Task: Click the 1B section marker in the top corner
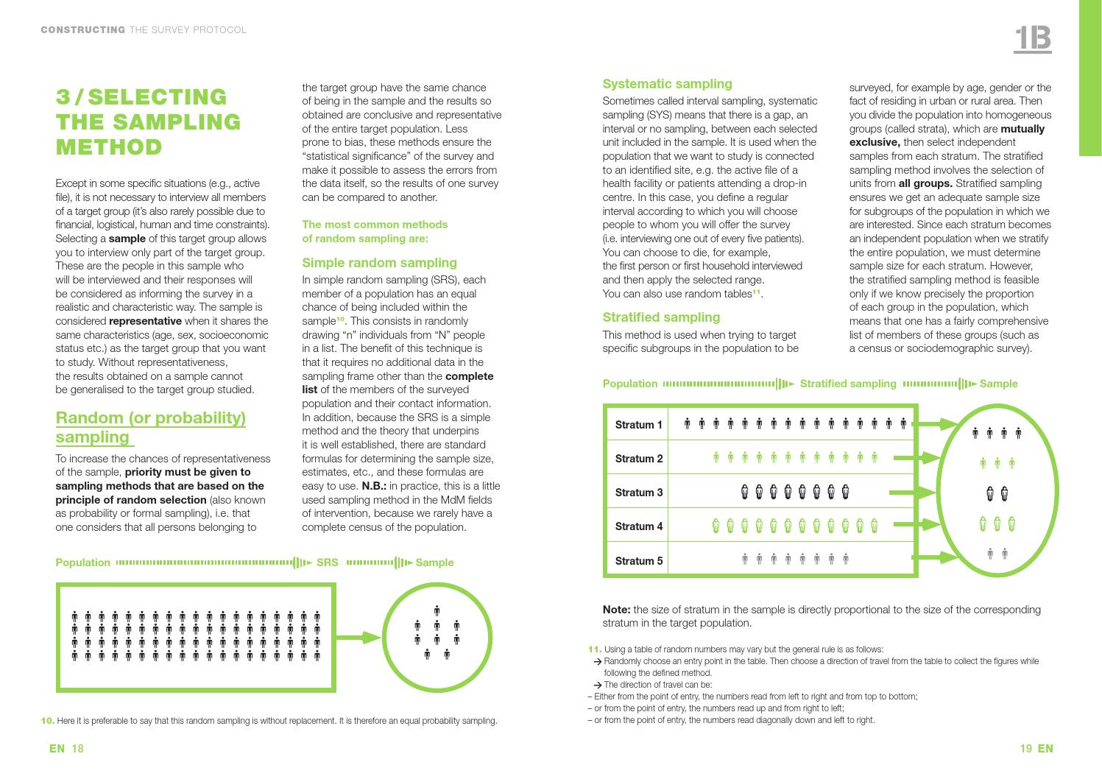pyautogui.click(x=1032, y=39)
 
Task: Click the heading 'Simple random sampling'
pyautogui.click(x=379, y=263)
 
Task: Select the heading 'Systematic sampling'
pyautogui.click(x=667, y=84)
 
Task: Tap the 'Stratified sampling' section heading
pyautogui.click(x=661, y=317)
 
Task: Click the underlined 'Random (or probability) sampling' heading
pyautogui.click(x=150, y=427)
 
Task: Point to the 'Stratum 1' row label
pyautogui.click(x=638, y=425)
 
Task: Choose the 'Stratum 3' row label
pyautogui.click(x=638, y=493)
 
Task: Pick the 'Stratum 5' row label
pyautogui.click(x=638, y=561)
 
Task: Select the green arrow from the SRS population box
pyautogui.click(x=361, y=638)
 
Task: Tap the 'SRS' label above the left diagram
pyautogui.click(x=327, y=563)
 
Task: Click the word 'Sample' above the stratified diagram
pyautogui.click(x=998, y=384)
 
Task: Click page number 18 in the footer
pyautogui.click(x=77, y=749)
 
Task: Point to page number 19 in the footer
pyautogui.click(x=1026, y=749)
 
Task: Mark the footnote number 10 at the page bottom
pyautogui.click(x=48, y=720)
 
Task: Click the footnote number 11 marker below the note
pyautogui.click(x=595, y=649)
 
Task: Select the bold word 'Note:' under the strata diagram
pyautogui.click(x=616, y=610)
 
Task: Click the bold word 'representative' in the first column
pyautogui.click(x=145, y=321)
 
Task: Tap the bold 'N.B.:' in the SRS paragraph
pyautogui.click(x=374, y=486)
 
